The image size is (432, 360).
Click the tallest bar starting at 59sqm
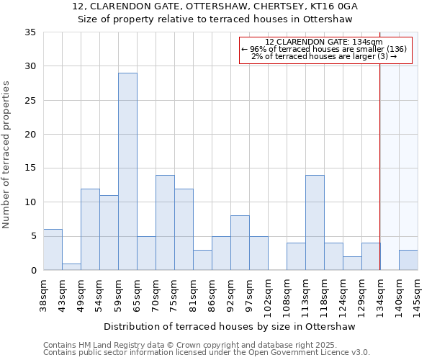(x=128, y=171)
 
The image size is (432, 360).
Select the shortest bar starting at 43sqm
(x=71, y=267)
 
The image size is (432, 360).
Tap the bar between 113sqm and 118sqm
(x=315, y=222)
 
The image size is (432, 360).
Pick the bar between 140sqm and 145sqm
(x=408, y=260)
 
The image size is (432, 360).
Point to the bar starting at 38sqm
(x=53, y=250)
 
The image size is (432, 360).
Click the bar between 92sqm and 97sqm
(x=240, y=243)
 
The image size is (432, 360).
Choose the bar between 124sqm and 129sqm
(x=352, y=264)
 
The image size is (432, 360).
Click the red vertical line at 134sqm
(x=380, y=151)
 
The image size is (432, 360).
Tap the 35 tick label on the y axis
(x=30, y=32)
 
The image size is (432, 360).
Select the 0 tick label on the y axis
(x=34, y=270)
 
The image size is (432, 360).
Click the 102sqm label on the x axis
(x=268, y=298)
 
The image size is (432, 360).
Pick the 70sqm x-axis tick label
(x=156, y=296)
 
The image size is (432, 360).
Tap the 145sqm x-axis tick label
(x=417, y=298)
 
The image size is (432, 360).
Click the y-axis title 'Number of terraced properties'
(x=6, y=155)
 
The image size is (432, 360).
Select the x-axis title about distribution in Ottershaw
(x=230, y=326)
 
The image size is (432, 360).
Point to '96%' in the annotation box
(x=256, y=49)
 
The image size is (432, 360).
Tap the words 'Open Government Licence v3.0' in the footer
(x=309, y=352)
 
